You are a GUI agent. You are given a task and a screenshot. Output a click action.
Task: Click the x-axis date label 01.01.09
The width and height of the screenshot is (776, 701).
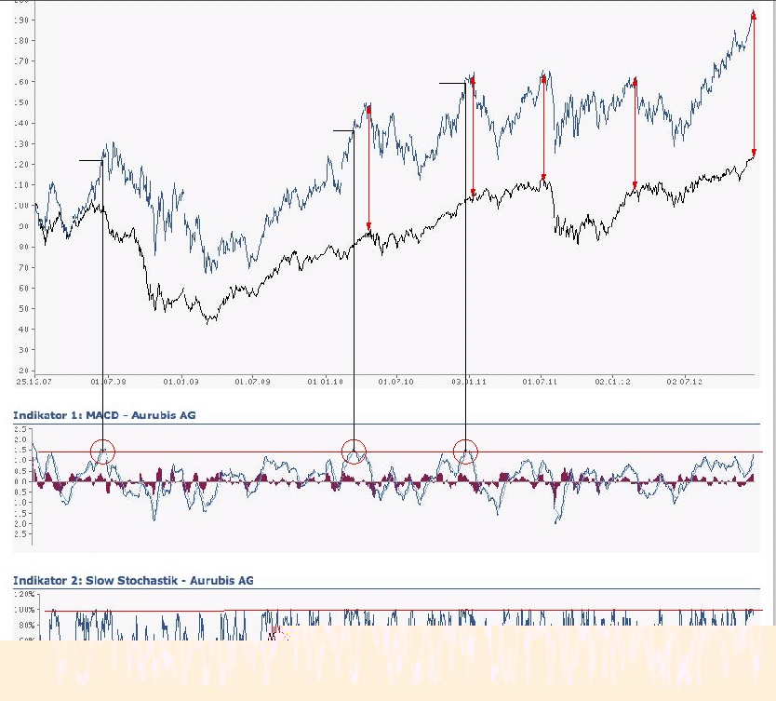coord(181,381)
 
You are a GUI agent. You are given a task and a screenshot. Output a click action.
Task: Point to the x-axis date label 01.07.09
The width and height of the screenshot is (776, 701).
coord(252,381)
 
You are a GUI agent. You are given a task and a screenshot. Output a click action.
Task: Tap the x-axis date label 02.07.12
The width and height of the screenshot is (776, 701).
coord(683,381)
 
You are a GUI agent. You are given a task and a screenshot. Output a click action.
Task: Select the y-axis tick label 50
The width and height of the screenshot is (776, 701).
coord(21,309)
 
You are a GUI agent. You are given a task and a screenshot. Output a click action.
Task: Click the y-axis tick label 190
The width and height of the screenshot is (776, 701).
coord(20,20)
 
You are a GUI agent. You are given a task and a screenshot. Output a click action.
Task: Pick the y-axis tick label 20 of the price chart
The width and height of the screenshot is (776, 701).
coord(21,350)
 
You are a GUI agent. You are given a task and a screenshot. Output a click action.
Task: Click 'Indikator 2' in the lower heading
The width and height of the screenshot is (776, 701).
coord(40,580)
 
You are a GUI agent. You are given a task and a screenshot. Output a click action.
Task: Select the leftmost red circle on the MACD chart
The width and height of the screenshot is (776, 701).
coord(103,452)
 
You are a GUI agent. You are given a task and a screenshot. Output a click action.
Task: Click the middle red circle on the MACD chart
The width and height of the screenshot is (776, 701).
coord(354,452)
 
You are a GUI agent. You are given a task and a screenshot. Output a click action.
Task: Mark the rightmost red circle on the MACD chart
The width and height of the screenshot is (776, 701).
coord(465,452)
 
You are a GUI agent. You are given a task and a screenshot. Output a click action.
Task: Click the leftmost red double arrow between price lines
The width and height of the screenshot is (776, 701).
coord(368,169)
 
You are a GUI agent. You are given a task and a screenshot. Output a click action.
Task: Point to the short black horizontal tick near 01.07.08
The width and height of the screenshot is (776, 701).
coord(90,161)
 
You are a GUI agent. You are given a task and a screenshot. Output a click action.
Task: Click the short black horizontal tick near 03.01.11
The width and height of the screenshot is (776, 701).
coord(452,83)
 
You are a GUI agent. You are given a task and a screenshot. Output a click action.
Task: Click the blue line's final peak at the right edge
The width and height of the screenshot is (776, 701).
coord(753,11)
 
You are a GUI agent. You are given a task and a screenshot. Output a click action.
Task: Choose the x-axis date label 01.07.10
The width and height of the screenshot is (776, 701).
coord(396,381)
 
